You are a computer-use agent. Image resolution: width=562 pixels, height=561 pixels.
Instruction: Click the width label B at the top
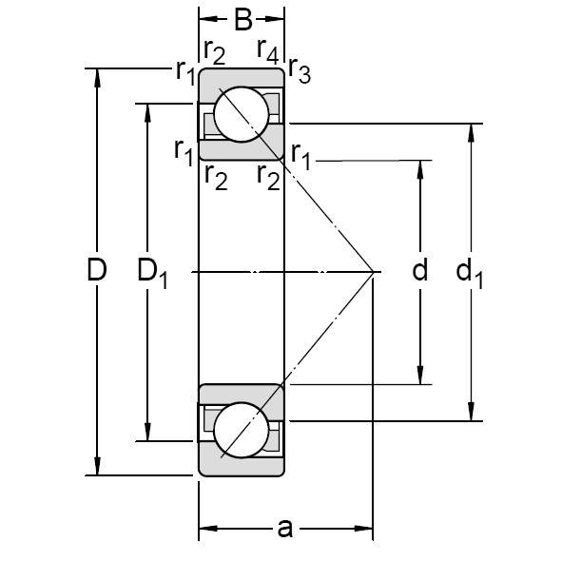(242, 19)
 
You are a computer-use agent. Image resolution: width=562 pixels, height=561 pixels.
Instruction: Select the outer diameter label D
(96, 271)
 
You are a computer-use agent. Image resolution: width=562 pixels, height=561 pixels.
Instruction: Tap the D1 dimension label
(152, 273)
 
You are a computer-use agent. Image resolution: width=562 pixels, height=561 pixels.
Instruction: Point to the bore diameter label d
(420, 271)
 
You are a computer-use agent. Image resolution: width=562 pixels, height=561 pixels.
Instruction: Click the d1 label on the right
(470, 274)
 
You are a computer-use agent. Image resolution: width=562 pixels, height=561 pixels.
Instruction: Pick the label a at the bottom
(284, 529)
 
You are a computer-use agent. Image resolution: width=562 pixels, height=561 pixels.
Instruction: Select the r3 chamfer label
(299, 72)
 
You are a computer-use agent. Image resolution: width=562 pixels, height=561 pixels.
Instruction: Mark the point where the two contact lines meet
(373, 272)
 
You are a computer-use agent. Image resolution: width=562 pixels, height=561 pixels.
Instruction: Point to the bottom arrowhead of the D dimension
(96, 469)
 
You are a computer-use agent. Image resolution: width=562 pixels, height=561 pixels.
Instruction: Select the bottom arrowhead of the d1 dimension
(470, 415)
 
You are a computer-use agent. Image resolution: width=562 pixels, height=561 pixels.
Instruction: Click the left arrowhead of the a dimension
(203, 529)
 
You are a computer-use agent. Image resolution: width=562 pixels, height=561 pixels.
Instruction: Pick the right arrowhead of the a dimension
(366, 529)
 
